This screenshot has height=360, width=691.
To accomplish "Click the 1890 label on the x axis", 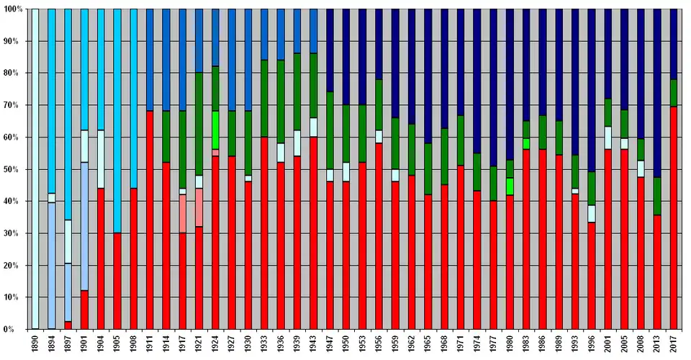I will pyautogui.click(x=35, y=344).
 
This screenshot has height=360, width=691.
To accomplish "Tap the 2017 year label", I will pyautogui.click(x=674, y=344).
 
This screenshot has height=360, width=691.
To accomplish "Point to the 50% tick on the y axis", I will pyautogui.click(x=13, y=169).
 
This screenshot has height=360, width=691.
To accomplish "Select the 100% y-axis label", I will pyautogui.click(x=12, y=9).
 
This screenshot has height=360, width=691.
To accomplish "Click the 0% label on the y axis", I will pyautogui.click(x=16, y=329).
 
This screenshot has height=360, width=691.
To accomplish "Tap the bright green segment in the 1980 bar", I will pyautogui.click(x=510, y=186).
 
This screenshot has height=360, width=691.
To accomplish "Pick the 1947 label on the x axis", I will pyautogui.click(x=330, y=344).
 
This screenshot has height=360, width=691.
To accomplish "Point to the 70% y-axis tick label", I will pyautogui.click(x=13, y=105).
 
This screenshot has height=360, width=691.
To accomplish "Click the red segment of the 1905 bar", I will pyautogui.click(x=117, y=281).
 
